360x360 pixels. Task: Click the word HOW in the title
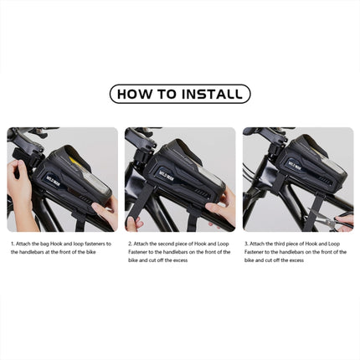(137, 94)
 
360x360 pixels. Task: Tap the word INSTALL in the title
(210, 94)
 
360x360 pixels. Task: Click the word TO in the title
(168, 94)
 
